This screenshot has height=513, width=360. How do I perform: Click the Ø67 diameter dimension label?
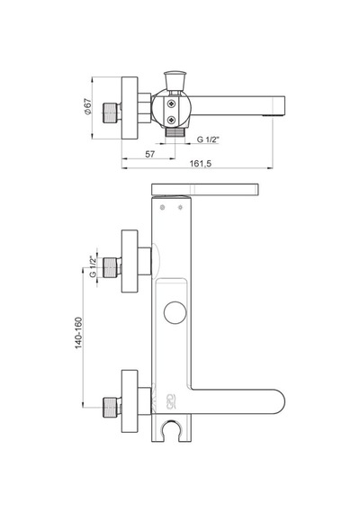tap(88, 106)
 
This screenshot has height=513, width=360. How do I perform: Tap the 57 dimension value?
tap(150, 154)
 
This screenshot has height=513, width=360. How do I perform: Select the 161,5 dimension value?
tap(201, 164)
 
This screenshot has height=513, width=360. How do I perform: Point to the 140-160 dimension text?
tap(79, 333)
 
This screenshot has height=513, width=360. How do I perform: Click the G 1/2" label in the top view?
tap(208, 139)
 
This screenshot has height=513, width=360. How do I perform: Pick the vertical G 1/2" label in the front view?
tap(94, 266)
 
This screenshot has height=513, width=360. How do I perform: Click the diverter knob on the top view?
tap(175, 80)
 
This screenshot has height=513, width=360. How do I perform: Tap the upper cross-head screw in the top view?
tap(172, 104)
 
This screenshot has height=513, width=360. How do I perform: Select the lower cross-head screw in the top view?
tap(172, 120)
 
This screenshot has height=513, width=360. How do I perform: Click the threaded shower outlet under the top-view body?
tap(175, 132)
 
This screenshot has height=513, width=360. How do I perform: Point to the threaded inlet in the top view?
tap(111, 113)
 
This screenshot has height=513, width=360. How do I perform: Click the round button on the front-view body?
tap(175, 313)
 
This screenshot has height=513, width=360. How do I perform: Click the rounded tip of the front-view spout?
tap(281, 401)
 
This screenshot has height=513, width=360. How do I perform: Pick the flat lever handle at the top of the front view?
tap(205, 190)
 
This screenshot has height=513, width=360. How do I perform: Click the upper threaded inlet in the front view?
tap(112, 267)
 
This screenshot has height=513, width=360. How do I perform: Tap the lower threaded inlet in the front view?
tap(112, 408)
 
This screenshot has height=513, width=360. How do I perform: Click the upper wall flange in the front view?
tap(130, 261)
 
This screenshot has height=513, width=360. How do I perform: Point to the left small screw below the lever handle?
tap(162, 207)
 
